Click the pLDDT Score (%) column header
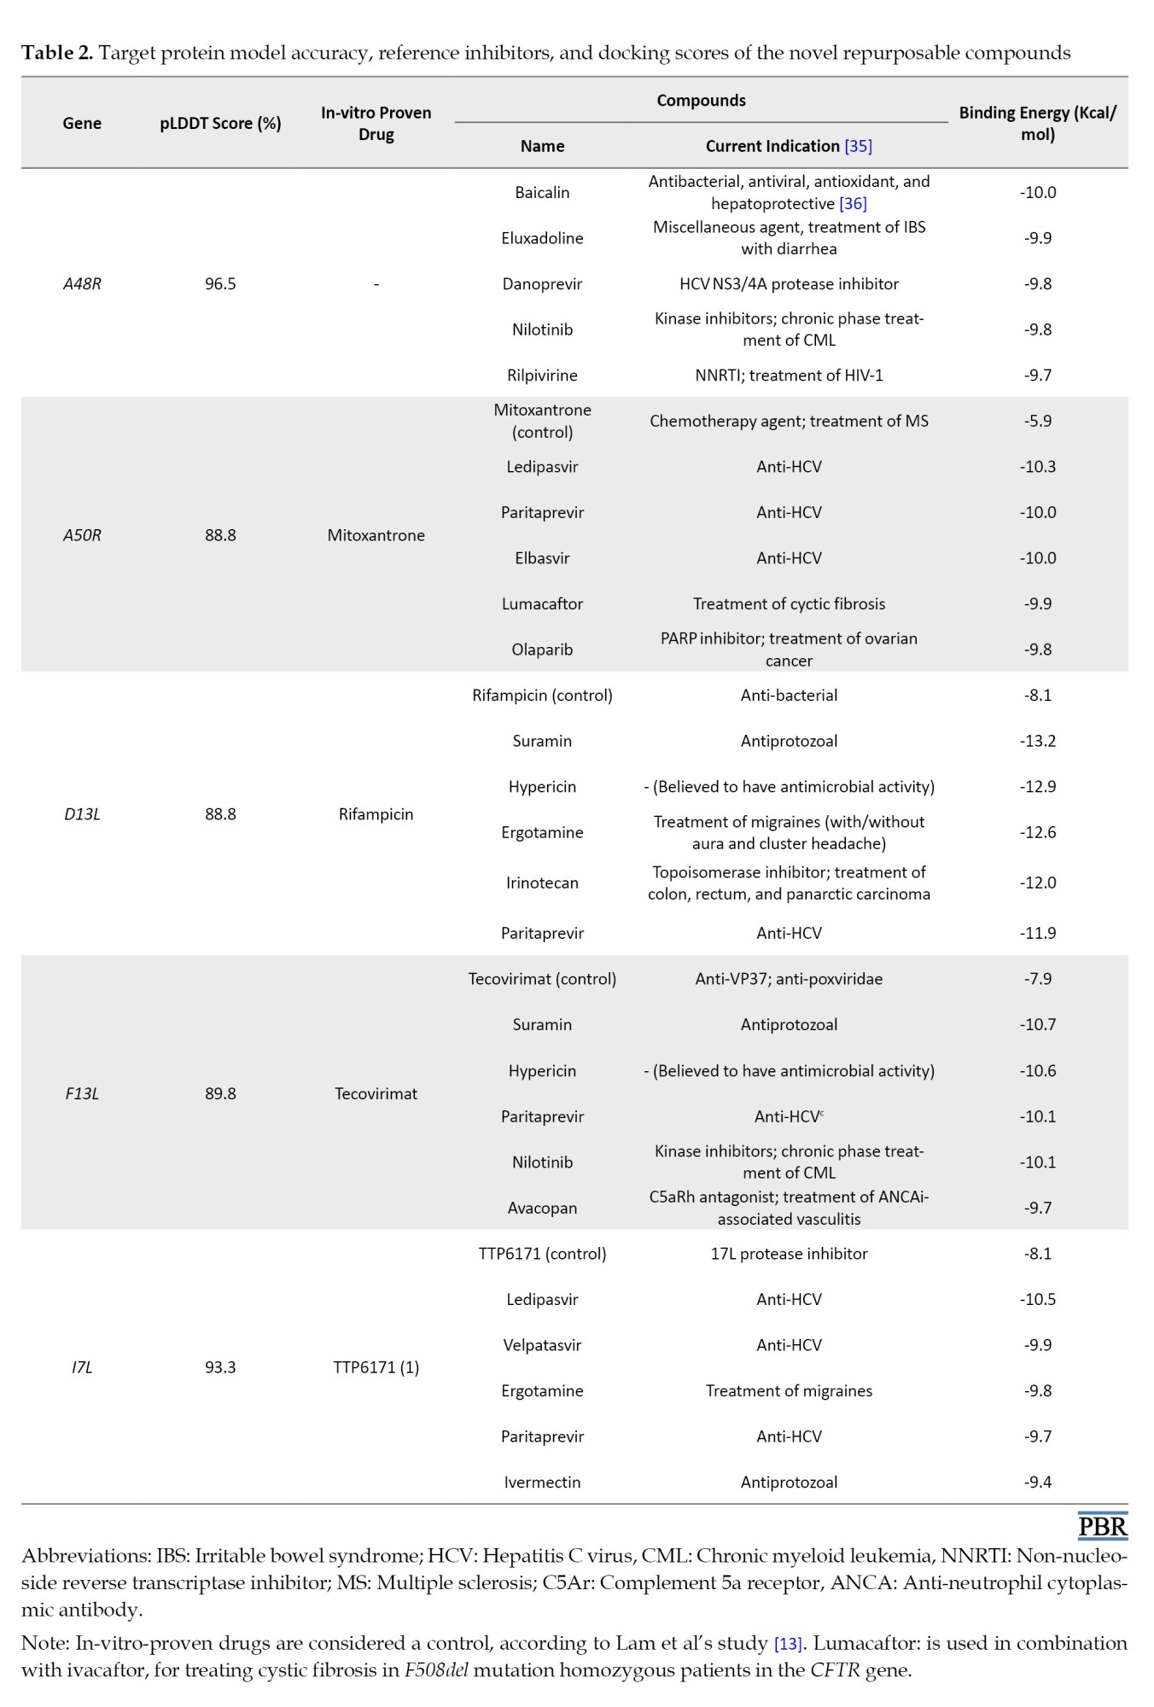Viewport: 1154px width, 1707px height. pyautogui.click(x=220, y=123)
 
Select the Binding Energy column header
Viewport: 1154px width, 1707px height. pyautogui.click(x=1037, y=123)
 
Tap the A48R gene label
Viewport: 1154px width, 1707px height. pyautogui.click(x=82, y=283)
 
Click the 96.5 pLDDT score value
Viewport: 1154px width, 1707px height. pyautogui.click(x=220, y=283)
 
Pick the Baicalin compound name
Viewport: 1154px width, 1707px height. pyautogui.click(x=542, y=192)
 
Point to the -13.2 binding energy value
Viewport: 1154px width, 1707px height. pyautogui.click(x=1037, y=741)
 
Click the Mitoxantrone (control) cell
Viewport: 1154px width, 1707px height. pyautogui.click(x=542, y=421)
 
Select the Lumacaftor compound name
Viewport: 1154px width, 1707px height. pyautogui.click(x=542, y=603)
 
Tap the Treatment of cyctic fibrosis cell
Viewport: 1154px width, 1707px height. pyautogui.click(x=789, y=603)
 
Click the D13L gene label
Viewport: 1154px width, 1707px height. pyautogui.click(x=82, y=814)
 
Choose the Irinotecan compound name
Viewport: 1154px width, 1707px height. pyautogui.click(x=542, y=883)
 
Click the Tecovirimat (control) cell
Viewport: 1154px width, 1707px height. pyautogui.click(x=542, y=979)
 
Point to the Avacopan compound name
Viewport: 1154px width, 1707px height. pyautogui.click(x=542, y=1208)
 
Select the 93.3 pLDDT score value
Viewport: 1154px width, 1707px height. pyautogui.click(x=220, y=1367)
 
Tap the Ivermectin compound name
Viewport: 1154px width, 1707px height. pyautogui.click(x=542, y=1482)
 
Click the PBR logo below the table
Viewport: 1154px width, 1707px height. pyautogui.click(x=1102, y=1526)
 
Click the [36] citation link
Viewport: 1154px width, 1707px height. pyautogui.click(x=853, y=204)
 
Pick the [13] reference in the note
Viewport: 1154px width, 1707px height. pyautogui.click(x=788, y=1644)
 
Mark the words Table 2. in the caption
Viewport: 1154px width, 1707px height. pyautogui.click(x=56, y=53)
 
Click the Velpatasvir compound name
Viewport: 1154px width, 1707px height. pyautogui.click(x=542, y=1345)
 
